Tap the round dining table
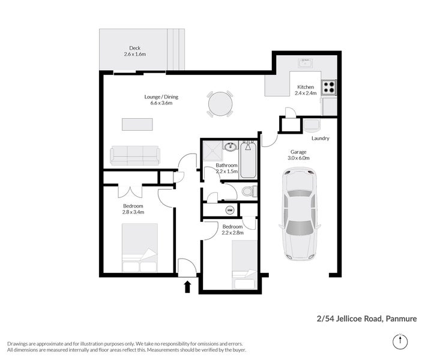pyautogui.click(x=220, y=104)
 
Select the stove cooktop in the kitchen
pyautogui.click(x=328, y=88)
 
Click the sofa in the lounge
pyautogui.click(x=135, y=155)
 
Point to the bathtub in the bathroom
pyautogui.click(x=248, y=160)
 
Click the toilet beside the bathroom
pyautogui.click(x=249, y=192)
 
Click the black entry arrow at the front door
pyautogui.click(x=188, y=286)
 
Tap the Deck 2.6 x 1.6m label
pyautogui.click(x=135, y=52)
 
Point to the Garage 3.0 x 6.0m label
pyautogui.click(x=299, y=155)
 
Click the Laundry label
pyautogui.click(x=320, y=139)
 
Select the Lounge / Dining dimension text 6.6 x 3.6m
pyautogui.click(x=161, y=103)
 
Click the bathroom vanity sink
pyautogui.click(x=230, y=146)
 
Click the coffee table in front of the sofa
pyautogui.click(x=137, y=124)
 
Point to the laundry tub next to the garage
pyautogui.click(x=312, y=125)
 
